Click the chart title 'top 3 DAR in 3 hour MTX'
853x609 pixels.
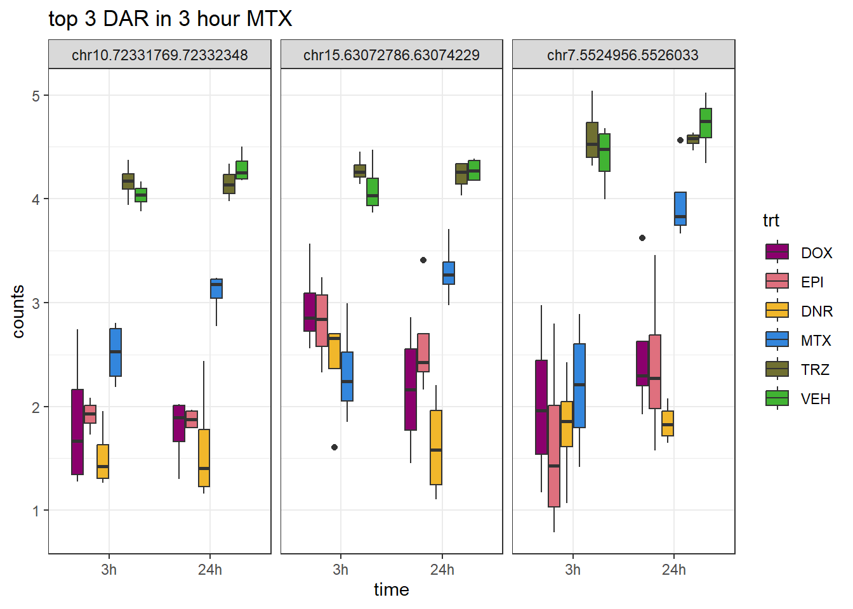170,19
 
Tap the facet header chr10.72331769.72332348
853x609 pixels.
160,55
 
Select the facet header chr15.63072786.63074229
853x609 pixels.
392,55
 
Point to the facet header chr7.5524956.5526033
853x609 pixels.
623,55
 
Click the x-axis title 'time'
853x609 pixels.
391,590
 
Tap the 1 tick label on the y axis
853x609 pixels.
36,511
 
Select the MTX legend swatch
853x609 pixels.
777,340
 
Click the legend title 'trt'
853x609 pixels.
771,221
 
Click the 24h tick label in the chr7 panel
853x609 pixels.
674,570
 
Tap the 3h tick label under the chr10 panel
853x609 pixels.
109,570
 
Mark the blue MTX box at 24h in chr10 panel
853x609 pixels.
216,289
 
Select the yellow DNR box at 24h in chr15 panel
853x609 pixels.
436,447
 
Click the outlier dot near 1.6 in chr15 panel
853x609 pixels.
334,447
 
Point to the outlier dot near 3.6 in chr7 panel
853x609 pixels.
642,238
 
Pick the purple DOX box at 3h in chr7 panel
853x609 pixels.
541,407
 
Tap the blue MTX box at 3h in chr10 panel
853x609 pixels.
116,352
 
